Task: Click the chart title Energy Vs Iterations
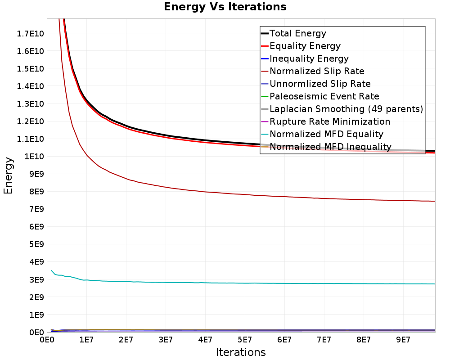(x=225, y=7)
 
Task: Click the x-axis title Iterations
(x=241, y=352)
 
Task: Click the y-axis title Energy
(x=8, y=175)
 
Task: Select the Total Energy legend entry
(x=293, y=33)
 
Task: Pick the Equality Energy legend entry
(x=301, y=46)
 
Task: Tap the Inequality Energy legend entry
(x=305, y=58)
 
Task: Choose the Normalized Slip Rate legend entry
(x=313, y=71)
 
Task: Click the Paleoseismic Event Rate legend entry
(x=320, y=96)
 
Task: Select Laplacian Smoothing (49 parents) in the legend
(x=342, y=109)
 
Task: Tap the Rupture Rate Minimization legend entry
(x=325, y=121)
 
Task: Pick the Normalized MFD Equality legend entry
(x=322, y=135)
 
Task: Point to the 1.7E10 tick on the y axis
(x=31, y=34)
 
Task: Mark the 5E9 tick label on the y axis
(x=36, y=244)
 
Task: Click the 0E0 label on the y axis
(x=36, y=333)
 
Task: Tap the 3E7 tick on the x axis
(x=166, y=340)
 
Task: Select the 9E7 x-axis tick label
(x=403, y=340)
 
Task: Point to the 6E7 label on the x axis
(x=284, y=340)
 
